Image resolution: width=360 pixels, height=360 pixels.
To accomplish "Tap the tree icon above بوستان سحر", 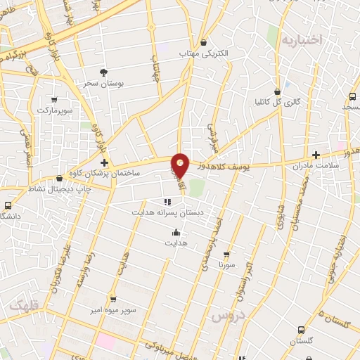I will pos(103,72).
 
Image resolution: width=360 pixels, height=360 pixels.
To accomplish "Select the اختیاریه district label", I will pos(302,40).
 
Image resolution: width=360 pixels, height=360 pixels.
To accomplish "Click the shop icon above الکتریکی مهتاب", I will pos(204,42).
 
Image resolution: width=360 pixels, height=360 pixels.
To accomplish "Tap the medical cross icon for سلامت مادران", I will pos(316,155).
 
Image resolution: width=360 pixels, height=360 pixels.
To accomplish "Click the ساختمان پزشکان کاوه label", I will pos(112,172).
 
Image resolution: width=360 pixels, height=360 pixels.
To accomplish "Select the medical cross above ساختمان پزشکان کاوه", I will pos(104,162).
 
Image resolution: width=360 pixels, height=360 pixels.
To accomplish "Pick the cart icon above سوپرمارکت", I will pos(54,99).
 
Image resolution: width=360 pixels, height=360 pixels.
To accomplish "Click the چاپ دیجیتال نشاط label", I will pos(59,188).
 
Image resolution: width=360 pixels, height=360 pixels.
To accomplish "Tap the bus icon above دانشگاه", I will pos(8,205).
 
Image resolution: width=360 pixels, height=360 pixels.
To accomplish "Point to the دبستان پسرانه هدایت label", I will pos(166,211).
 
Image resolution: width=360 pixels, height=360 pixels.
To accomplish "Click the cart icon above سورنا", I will pos(226,255).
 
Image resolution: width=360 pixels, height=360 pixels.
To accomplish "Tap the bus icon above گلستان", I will pos(302,329).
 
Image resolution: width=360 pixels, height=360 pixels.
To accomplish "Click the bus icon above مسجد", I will pos(352,96).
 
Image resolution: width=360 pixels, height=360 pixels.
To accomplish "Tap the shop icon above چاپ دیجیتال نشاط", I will pos(59,179).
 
